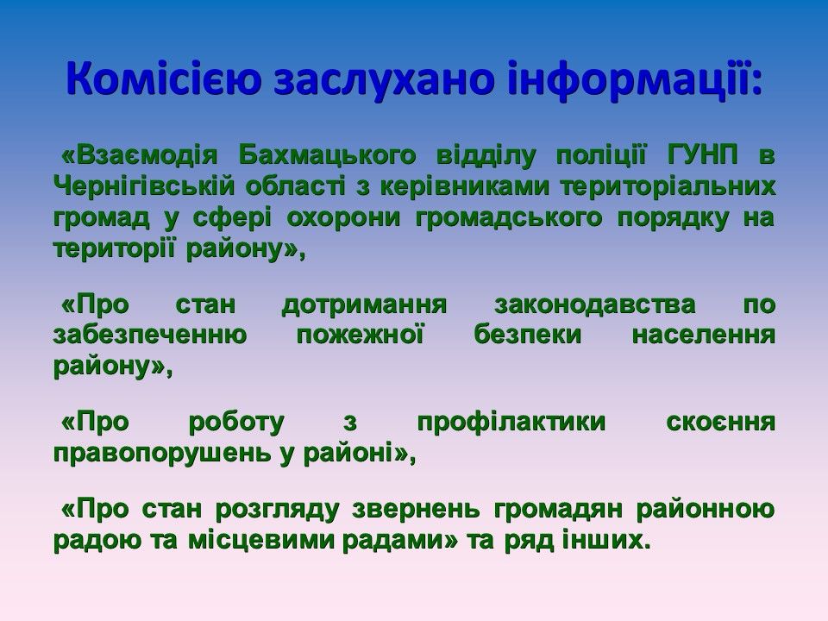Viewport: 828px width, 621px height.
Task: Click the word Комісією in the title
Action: point(164,78)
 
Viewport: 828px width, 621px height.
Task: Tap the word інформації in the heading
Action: point(629,78)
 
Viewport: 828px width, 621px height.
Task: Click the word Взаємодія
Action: point(140,155)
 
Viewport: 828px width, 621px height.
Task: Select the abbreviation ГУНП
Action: point(704,155)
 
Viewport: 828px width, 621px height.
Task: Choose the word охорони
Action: point(344,218)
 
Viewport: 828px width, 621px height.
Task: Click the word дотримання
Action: point(364,305)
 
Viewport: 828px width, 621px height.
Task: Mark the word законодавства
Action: point(595,305)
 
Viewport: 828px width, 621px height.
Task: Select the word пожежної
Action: point(360,336)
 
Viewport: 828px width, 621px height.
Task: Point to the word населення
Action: point(704,336)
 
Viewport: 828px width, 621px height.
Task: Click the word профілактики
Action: point(511,423)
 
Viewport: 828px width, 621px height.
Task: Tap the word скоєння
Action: point(721,423)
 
